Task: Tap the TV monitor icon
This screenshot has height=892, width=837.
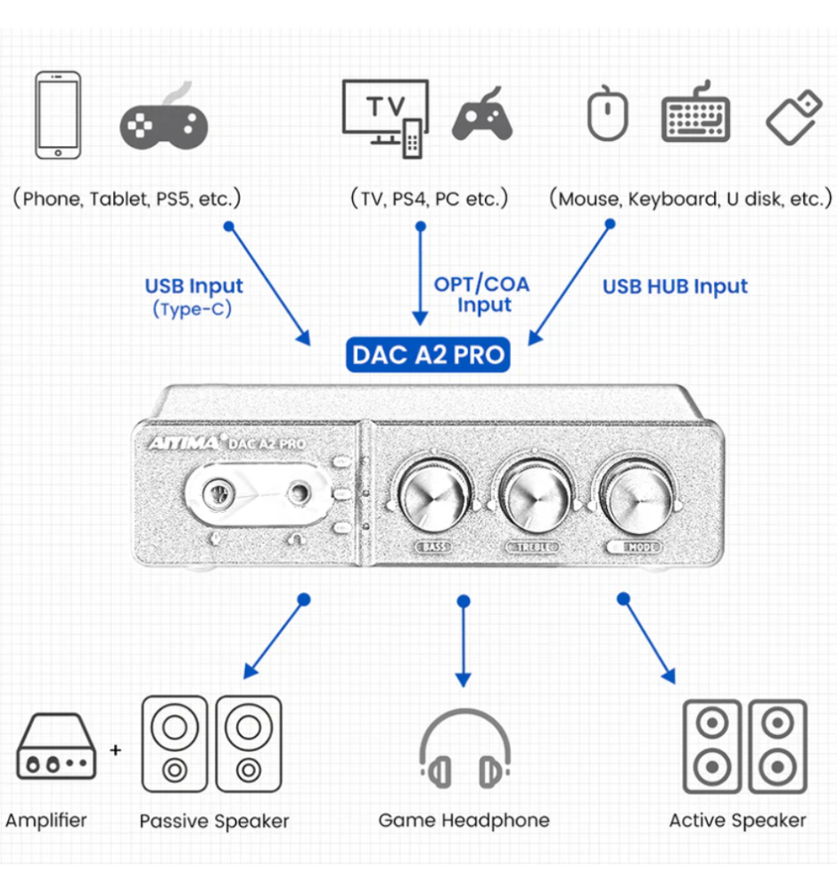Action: click(383, 113)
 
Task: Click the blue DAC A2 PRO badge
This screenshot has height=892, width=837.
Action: click(428, 355)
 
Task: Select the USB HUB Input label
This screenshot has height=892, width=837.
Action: click(675, 286)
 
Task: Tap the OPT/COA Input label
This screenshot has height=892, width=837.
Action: click(481, 294)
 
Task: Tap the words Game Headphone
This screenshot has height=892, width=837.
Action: click(464, 820)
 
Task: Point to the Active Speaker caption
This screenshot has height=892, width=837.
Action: click(737, 821)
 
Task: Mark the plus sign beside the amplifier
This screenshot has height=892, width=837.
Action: click(115, 750)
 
